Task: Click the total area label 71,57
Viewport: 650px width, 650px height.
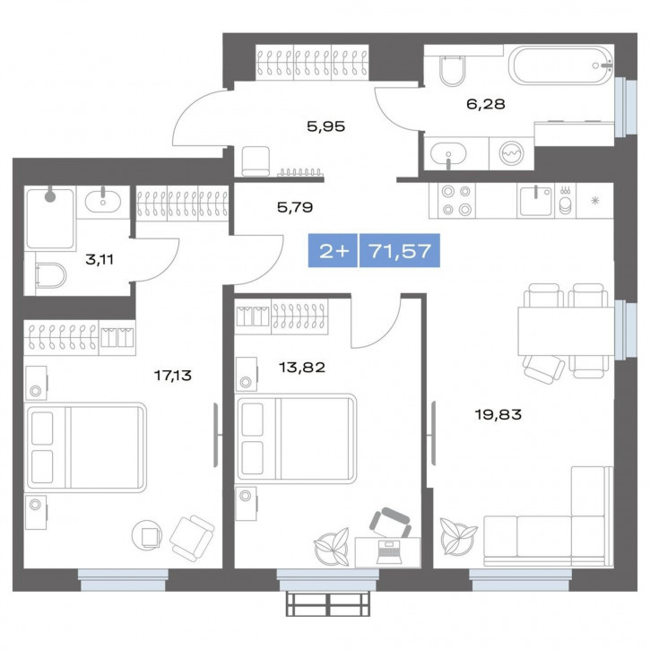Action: point(400,251)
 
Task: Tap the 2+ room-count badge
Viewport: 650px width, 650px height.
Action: point(333,250)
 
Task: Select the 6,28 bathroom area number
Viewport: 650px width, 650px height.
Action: point(486,104)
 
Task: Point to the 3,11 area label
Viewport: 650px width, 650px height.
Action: point(100,260)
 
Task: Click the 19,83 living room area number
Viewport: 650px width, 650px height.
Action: point(498,414)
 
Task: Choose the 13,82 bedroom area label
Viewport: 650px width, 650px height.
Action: point(302,367)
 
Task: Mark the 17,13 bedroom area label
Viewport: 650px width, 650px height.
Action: point(173,376)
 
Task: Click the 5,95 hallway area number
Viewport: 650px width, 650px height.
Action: point(325,126)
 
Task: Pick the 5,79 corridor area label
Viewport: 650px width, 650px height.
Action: point(295,207)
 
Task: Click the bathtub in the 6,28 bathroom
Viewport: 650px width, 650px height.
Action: point(561,65)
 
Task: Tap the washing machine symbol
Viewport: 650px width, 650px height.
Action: point(512,153)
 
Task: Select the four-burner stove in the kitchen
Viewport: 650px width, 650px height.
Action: point(456,201)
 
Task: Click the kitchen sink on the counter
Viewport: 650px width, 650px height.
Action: point(535,201)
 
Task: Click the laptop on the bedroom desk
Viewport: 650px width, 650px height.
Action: point(388,551)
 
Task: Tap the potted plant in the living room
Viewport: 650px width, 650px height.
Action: point(458,536)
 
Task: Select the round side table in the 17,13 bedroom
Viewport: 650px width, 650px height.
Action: point(147,534)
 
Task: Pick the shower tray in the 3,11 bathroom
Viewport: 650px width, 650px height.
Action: point(50,218)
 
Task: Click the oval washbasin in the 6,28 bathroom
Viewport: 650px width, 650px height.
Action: point(448,154)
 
